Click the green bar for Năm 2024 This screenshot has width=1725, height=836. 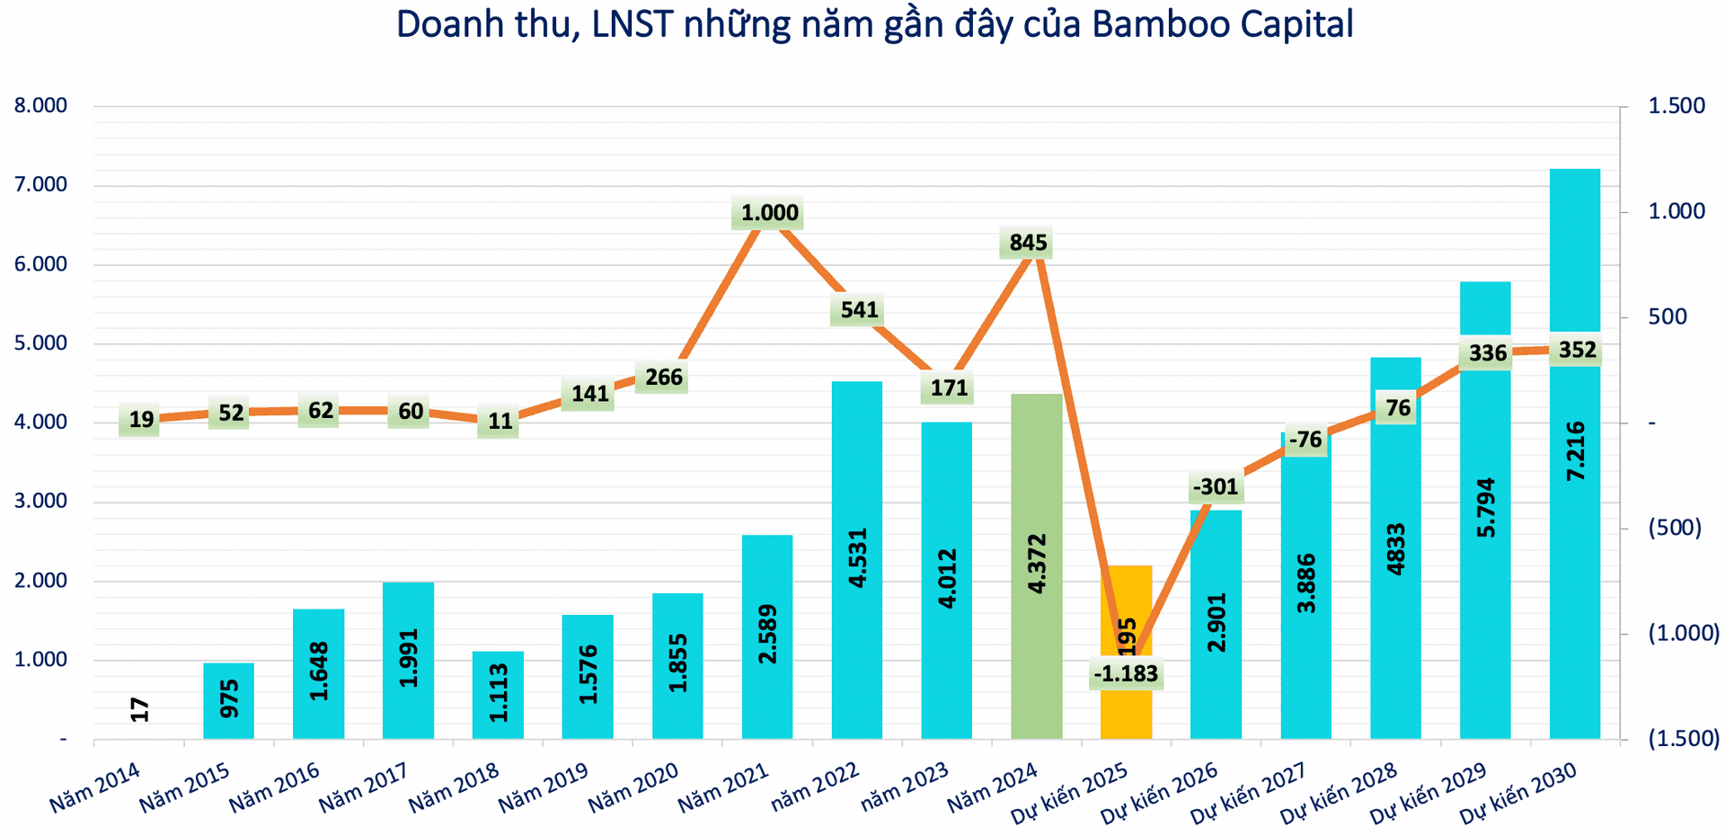(1037, 566)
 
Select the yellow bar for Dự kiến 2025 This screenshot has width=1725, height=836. (1126, 652)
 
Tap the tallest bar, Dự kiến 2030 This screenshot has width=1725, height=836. (1575, 454)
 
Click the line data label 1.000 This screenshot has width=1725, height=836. (770, 213)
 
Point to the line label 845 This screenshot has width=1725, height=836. (1028, 243)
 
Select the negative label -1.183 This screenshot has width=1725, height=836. (1126, 673)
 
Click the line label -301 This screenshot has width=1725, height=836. (1216, 487)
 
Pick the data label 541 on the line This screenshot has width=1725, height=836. (859, 310)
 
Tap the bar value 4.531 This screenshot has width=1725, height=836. (858, 559)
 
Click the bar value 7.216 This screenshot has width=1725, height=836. (1576, 450)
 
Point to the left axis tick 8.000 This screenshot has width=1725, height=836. (41, 106)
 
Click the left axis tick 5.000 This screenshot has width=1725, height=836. (41, 343)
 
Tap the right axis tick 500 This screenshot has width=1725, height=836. (1667, 317)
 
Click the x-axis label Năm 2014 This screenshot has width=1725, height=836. (95, 787)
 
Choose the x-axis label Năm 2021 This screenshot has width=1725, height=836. (724, 787)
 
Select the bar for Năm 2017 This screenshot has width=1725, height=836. (408, 661)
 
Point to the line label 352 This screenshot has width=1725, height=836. (1577, 350)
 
